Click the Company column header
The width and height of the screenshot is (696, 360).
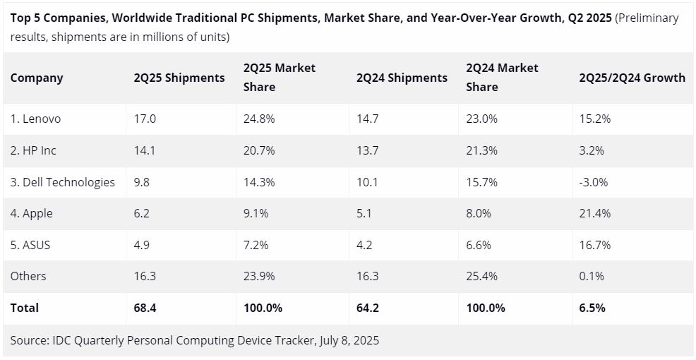[37, 78]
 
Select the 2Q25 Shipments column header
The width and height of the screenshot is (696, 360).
[179, 78]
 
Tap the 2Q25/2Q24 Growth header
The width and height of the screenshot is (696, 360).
[632, 78]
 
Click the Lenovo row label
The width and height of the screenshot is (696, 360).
[36, 119]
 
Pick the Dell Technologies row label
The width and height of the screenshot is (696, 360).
[62, 182]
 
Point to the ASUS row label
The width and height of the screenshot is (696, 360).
[30, 245]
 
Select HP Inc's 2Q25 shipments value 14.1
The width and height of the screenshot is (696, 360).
[145, 150]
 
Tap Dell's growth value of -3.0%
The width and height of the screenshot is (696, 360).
[593, 182]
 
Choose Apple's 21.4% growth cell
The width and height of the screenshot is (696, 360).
[594, 213]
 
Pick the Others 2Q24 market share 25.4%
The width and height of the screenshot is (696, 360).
[482, 276]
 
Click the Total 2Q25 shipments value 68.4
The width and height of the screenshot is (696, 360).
[145, 308]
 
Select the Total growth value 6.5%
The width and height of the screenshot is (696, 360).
[592, 308]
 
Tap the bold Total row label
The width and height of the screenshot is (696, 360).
[25, 308]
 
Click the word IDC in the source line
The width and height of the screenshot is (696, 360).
[61, 340]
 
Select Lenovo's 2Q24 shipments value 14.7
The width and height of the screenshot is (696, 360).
[368, 119]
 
